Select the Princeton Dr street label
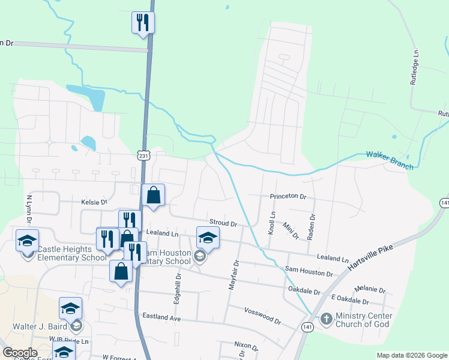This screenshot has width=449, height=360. point(288,196)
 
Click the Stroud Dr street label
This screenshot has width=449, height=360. point(223,223)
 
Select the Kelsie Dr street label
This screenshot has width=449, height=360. point(94,203)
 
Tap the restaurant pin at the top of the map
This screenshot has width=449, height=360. point(143,23)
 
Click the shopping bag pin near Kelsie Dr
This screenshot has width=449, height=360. point(154,195)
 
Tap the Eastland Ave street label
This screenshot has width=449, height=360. point(161,316)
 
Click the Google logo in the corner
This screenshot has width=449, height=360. point(20,353)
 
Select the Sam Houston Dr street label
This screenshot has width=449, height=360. point(309,272)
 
